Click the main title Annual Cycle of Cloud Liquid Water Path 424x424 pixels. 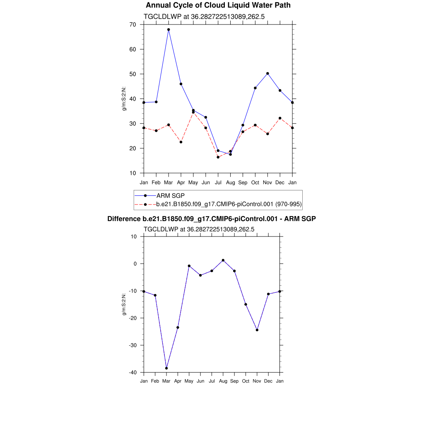(218, 5)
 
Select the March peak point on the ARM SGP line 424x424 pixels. (169, 29)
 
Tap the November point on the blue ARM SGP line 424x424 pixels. (267, 73)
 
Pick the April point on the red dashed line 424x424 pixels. (181, 142)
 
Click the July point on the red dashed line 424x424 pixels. (218, 157)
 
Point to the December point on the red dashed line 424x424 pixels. (280, 118)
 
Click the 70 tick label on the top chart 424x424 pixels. (132, 24)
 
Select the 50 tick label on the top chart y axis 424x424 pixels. (132, 74)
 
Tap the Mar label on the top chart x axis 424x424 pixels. (169, 183)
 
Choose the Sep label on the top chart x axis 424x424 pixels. (243, 183)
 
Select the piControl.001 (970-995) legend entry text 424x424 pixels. (229, 204)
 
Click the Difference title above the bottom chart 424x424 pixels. (212, 219)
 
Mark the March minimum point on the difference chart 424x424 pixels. (166, 368)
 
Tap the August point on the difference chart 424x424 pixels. (223, 260)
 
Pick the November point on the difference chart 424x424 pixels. (257, 330)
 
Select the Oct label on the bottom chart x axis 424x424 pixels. (246, 381)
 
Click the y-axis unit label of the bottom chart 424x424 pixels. (124, 304)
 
